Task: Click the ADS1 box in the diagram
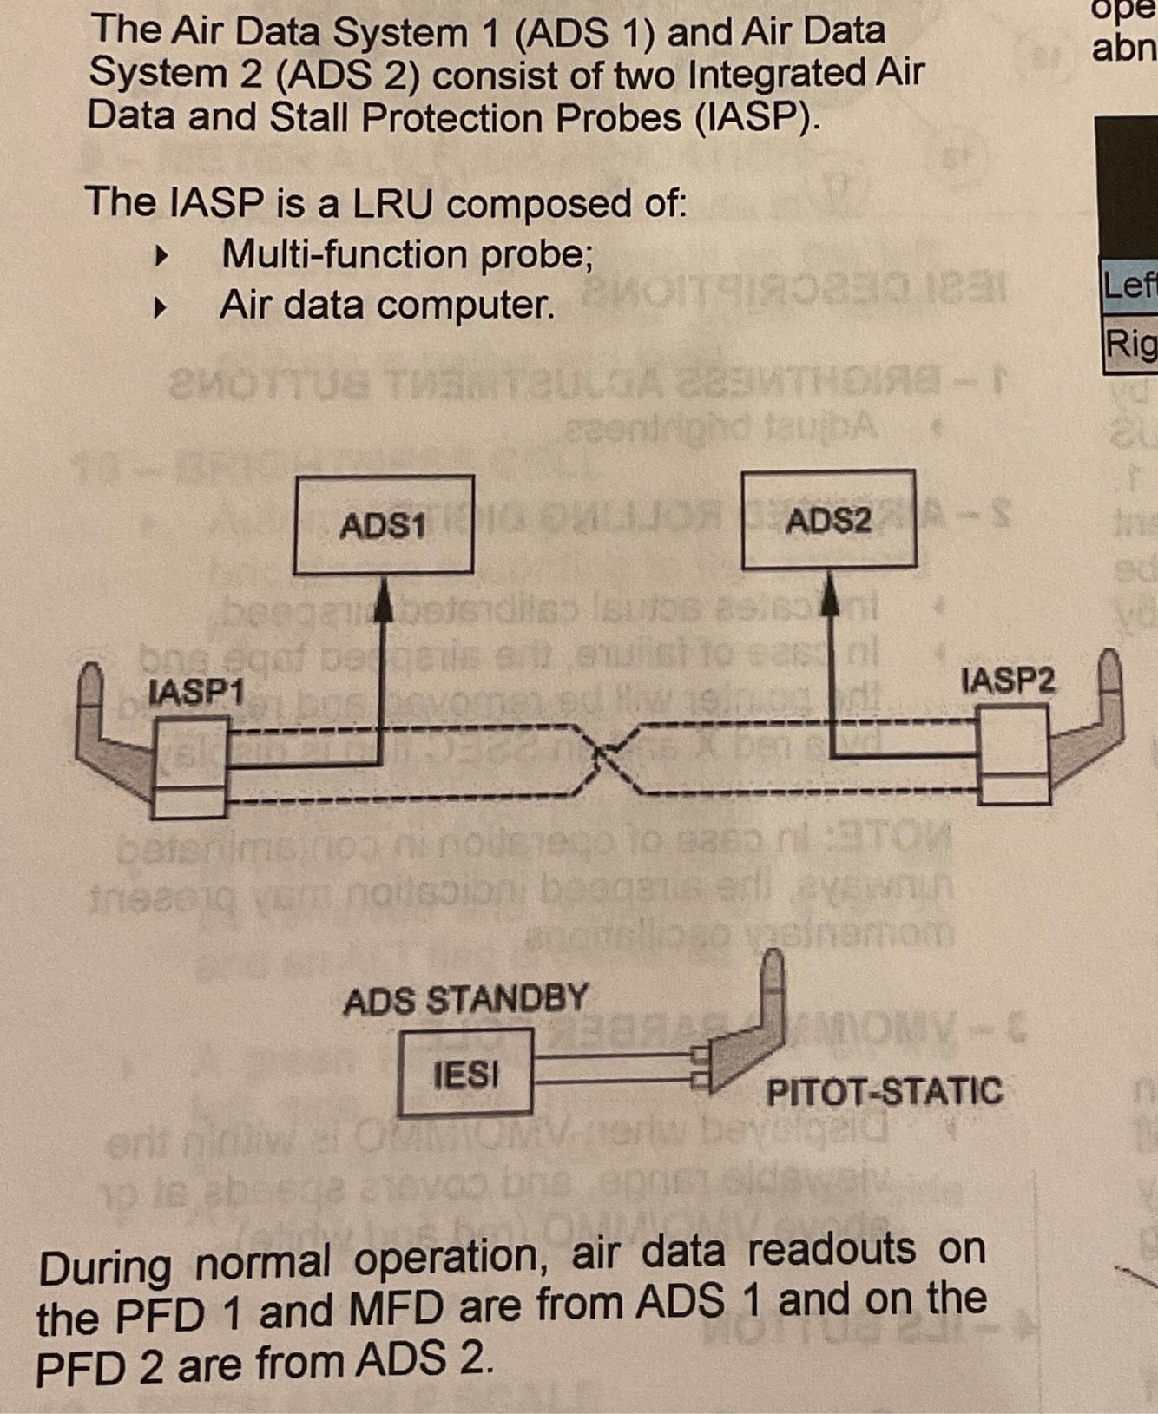(383, 524)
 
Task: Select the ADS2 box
(828, 519)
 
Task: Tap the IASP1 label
(196, 691)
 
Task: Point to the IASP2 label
(1008, 679)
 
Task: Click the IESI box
(465, 1074)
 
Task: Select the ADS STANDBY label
(465, 1000)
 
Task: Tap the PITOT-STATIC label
(884, 1090)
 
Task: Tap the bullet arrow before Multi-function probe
(160, 256)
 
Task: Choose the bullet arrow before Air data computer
(160, 306)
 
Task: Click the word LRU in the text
(392, 204)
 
